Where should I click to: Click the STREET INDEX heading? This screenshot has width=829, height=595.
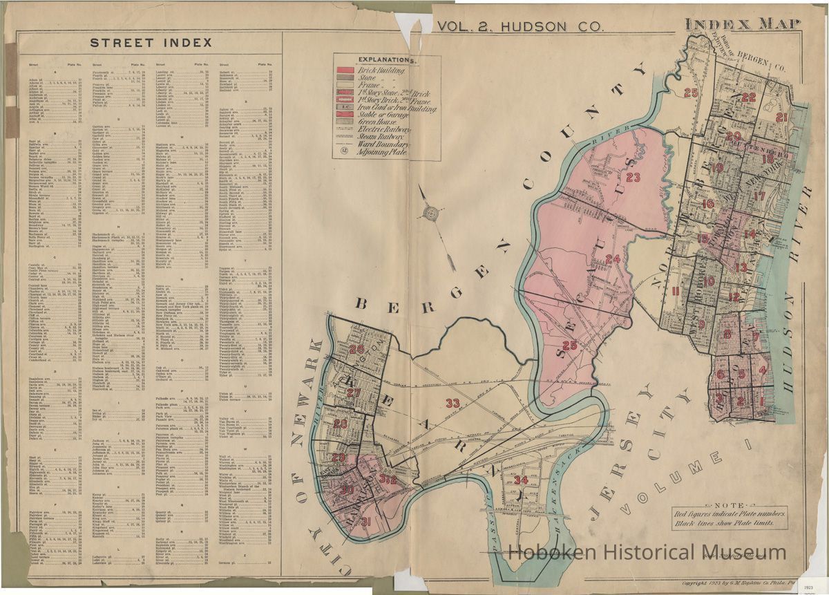(x=151, y=43)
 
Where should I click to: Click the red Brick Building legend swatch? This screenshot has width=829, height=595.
(x=345, y=70)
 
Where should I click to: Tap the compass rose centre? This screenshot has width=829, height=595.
(x=432, y=214)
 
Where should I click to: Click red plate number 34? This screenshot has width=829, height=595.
(x=522, y=480)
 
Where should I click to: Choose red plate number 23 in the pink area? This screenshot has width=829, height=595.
(x=633, y=178)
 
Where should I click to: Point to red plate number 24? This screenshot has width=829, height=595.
(x=612, y=259)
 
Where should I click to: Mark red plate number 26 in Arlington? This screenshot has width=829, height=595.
(x=356, y=350)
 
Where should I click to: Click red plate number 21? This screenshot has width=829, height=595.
(x=781, y=117)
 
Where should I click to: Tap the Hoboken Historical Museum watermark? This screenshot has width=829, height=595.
(x=647, y=552)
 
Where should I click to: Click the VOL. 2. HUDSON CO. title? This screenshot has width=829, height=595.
(x=522, y=27)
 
